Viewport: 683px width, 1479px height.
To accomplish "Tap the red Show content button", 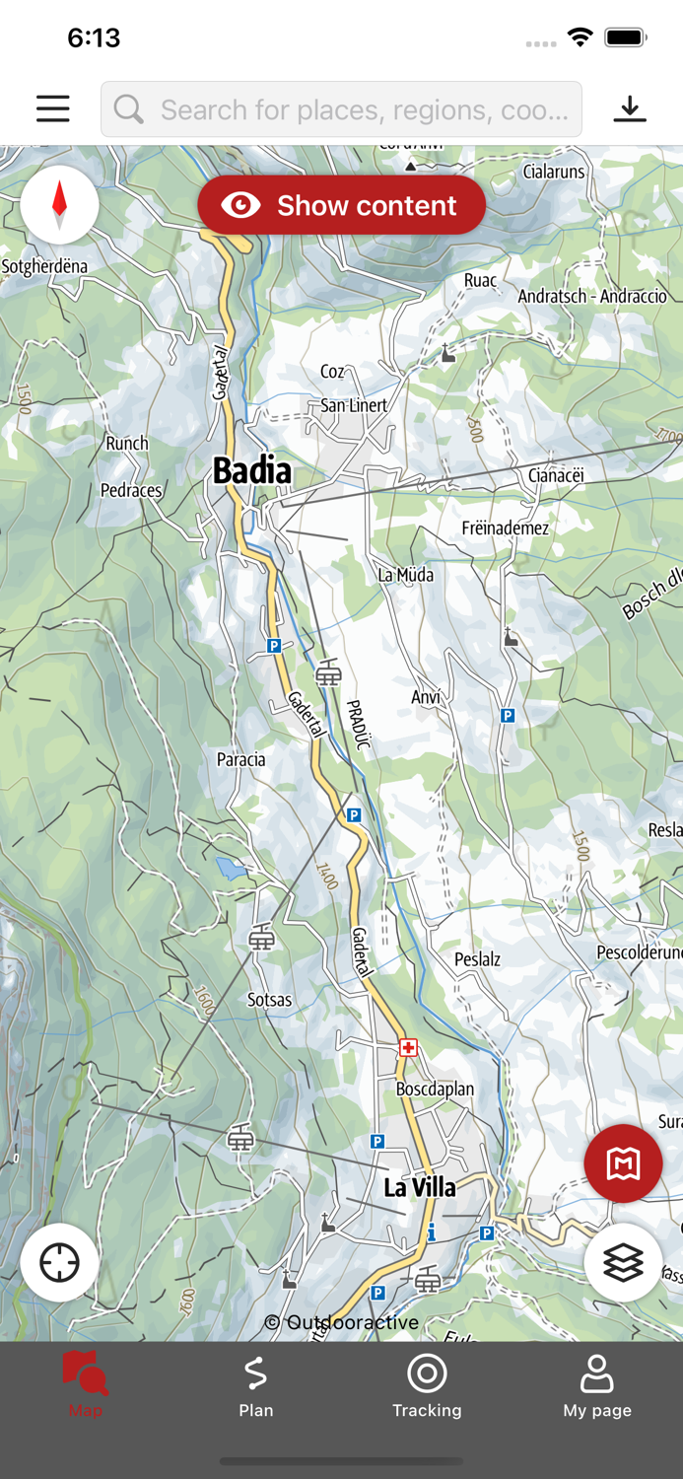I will [341, 205].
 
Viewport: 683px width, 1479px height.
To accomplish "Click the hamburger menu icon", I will [53, 108].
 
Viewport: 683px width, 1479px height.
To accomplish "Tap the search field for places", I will [341, 109].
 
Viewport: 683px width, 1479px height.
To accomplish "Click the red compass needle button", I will [59, 204].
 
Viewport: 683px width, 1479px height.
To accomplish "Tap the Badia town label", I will [252, 471].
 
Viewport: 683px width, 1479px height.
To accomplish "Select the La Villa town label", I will [420, 1187].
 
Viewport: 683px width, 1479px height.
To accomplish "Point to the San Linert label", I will [354, 405].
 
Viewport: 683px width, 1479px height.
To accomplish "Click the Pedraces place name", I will [131, 490].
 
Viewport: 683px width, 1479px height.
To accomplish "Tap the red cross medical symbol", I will [408, 1047].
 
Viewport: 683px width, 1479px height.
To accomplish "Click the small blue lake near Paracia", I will [231, 869].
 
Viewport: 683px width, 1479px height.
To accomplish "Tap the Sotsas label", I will [269, 1000].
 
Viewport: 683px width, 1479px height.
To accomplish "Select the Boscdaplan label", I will [435, 1090].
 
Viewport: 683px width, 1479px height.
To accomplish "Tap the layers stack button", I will [623, 1262].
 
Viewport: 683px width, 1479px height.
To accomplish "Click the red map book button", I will [623, 1163].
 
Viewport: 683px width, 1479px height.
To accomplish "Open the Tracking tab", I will [427, 1385].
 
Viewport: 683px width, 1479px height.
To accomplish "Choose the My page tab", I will [597, 1385].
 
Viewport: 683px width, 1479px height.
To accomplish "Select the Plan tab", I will [256, 1385].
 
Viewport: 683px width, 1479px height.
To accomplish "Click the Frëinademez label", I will [506, 528].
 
